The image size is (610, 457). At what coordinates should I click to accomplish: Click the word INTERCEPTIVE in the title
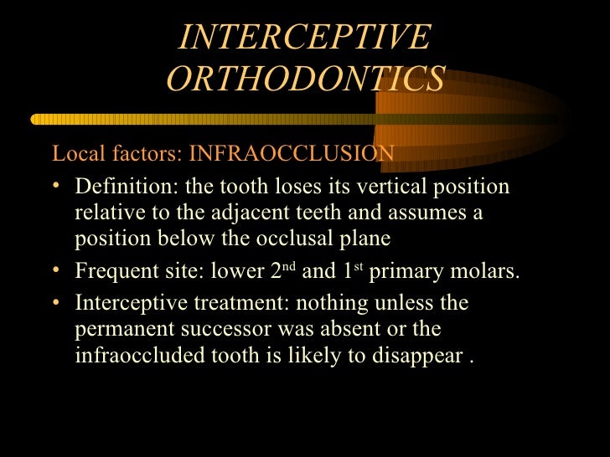coord(305,38)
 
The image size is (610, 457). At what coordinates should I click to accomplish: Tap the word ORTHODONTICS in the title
coord(305,80)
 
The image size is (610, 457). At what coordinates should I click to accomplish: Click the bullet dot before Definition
coord(57,185)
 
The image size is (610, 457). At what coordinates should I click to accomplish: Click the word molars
coord(488,272)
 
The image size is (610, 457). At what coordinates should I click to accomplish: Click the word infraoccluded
coord(134,356)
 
